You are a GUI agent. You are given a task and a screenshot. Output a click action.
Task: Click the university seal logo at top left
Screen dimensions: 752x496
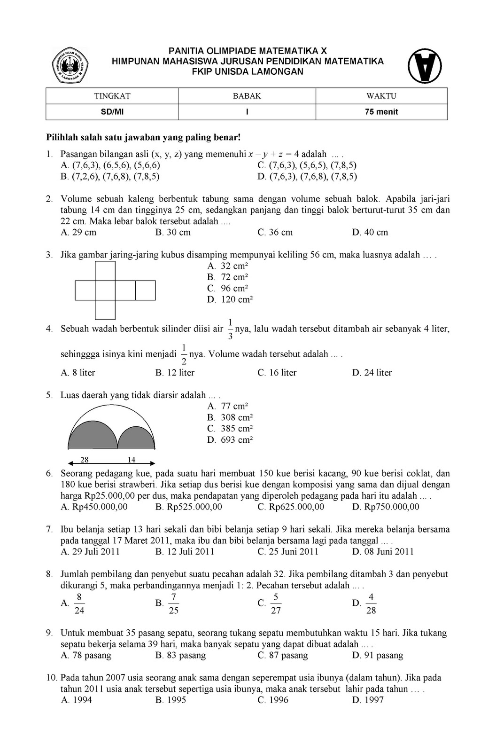tap(70, 66)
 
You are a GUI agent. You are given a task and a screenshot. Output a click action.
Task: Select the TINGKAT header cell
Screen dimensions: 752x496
tap(112, 96)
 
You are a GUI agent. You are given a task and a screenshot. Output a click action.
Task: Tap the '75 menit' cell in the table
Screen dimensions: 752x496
tap(381, 112)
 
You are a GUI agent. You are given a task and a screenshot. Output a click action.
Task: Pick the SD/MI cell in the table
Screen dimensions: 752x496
tap(112, 112)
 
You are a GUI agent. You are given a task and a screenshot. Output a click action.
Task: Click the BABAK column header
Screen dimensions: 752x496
tap(247, 96)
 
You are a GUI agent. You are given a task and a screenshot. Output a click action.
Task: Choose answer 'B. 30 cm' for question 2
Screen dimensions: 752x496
tap(173, 233)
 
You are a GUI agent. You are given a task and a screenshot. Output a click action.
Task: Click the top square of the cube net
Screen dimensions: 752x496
tap(105, 271)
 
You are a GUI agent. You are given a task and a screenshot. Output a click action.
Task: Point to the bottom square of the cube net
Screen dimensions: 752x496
tap(105, 310)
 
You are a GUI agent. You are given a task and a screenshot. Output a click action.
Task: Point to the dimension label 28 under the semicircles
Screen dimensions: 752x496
tap(85, 460)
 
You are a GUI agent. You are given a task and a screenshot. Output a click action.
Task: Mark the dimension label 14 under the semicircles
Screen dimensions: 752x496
tap(132, 460)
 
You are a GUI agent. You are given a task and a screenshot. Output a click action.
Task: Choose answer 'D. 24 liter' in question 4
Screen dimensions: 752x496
tap(372, 373)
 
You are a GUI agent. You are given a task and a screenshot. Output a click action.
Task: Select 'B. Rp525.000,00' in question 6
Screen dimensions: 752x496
tap(189, 507)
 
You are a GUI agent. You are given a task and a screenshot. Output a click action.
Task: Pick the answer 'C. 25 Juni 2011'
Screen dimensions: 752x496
tap(288, 552)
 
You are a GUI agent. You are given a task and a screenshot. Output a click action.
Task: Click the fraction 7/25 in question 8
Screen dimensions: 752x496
tap(173, 603)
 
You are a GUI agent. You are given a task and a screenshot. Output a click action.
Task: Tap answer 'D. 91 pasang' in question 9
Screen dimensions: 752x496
tap(378, 656)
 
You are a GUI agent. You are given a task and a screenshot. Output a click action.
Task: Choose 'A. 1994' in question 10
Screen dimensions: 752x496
tap(77, 700)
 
